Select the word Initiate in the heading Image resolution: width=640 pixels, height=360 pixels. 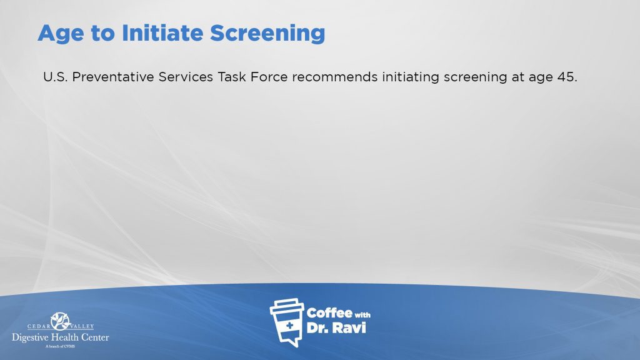click(x=162, y=32)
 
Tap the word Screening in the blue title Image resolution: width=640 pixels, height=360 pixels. click(x=267, y=34)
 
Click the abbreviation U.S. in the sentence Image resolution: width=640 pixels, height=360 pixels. click(x=55, y=77)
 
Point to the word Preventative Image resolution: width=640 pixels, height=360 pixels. click(x=113, y=77)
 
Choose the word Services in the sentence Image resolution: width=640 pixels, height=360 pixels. click(x=186, y=77)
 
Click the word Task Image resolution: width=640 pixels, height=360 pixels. click(x=231, y=77)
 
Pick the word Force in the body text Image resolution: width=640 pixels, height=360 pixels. click(x=269, y=77)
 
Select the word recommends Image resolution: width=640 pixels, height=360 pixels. click(x=335, y=77)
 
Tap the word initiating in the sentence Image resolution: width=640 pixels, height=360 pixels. click(x=411, y=77)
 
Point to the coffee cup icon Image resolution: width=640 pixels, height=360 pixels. click(x=287, y=322)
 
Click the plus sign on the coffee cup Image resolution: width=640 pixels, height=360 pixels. click(x=289, y=325)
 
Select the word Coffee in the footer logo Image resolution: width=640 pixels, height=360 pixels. click(x=329, y=313)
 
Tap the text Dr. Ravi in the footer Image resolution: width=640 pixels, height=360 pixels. click(x=336, y=327)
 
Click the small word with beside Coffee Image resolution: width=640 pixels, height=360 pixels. click(x=362, y=315)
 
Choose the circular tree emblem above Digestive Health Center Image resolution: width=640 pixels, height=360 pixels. click(x=61, y=321)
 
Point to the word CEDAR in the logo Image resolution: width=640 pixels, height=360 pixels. click(x=39, y=326)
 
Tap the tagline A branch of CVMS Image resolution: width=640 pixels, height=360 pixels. click(x=60, y=346)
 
